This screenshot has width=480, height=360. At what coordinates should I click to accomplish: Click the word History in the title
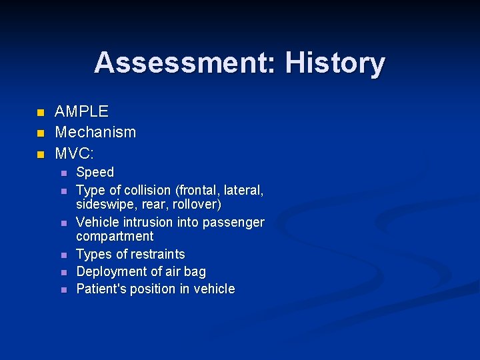[335, 63]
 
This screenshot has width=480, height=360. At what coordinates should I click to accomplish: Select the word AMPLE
[81, 111]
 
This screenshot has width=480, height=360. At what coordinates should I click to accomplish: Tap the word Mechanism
[95, 133]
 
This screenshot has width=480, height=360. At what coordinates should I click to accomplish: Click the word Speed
[95, 173]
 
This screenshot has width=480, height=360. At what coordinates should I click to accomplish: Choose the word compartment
[115, 237]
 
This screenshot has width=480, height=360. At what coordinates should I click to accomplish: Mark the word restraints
[159, 255]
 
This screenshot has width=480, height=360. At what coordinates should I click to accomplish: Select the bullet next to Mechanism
[41, 133]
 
